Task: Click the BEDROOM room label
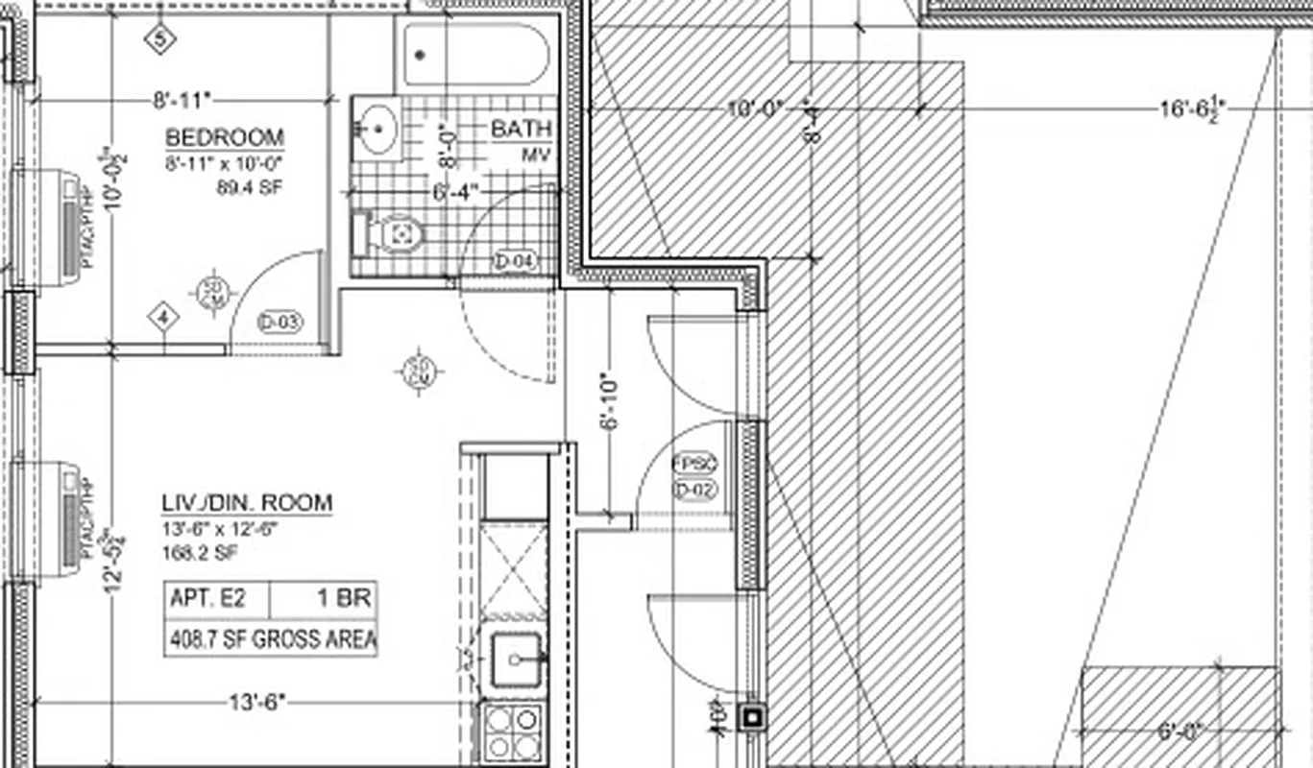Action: click(x=224, y=136)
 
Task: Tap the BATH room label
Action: click(x=522, y=129)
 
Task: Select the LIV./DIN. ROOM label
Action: click(x=247, y=503)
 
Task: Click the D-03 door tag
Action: click(x=280, y=323)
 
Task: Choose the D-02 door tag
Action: click(x=695, y=492)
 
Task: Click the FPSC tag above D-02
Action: click(x=695, y=465)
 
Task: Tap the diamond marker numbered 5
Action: click(x=160, y=39)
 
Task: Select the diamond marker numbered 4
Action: click(x=163, y=318)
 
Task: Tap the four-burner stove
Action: click(x=512, y=732)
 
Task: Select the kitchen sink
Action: click(x=517, y=660)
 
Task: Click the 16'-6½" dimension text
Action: click(x=1191, y=108)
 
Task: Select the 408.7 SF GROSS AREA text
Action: click(x=272, y=639)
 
